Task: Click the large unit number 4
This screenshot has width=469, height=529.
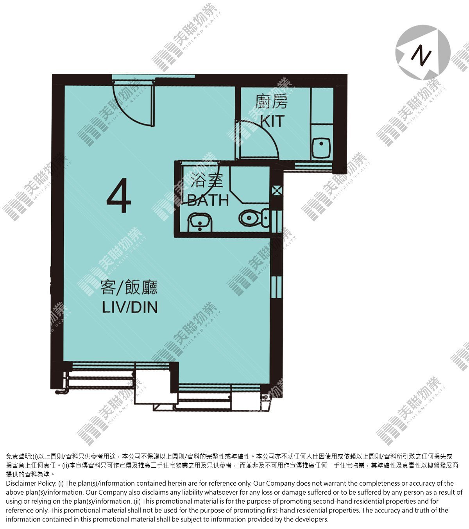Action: (x=119, y=195)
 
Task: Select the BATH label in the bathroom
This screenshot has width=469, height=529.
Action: (x=208, y=200)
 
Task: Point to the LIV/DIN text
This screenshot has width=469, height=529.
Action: (x=130, y=307)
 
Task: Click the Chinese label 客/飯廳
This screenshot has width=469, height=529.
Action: (x=129, y=287)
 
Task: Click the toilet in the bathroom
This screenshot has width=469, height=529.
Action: (x=254, y=217)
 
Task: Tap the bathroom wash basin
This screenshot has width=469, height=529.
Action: (x=200, y=222)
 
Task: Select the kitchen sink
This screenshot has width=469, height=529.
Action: (x=321, y=148)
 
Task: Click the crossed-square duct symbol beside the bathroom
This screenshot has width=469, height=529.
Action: (x=277, y=190)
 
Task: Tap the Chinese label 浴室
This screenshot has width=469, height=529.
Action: (x=207, y=180)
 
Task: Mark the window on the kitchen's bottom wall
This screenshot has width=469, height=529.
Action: (x=313, y=166)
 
